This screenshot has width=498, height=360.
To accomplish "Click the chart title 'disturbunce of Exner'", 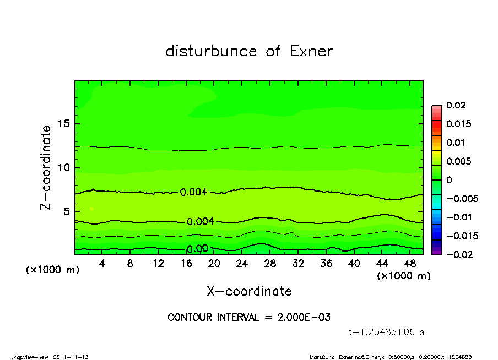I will click(x=249, y=51).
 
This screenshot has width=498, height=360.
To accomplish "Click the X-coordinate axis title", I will click(x=249, y=291).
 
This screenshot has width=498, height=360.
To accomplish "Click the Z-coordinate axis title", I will click(x=46, y=167).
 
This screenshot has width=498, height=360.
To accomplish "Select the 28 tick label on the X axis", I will click(x=270, y=264).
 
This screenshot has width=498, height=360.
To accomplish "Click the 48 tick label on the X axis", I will click(x=410, y=264).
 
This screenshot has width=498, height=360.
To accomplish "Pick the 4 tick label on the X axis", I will click(x=102, y=264).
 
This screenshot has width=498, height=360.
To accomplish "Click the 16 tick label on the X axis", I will click(x=186, y=264).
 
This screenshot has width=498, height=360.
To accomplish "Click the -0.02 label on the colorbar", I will click(x=458, y=254).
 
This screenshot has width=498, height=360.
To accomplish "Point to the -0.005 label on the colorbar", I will click(x=461, y=198).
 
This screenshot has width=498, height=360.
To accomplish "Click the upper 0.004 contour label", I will click(x=193, y=192).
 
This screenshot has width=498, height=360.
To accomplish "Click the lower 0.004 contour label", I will click(x=201, y=222).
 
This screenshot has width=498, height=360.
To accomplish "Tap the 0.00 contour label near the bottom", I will click(x=197, y=249).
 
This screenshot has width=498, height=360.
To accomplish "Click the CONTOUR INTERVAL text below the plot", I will click(x=249, y=318).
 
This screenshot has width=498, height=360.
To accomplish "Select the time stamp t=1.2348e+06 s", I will click(x=386, y=332).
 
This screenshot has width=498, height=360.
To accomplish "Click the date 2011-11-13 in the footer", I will click(x=71, y=357).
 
